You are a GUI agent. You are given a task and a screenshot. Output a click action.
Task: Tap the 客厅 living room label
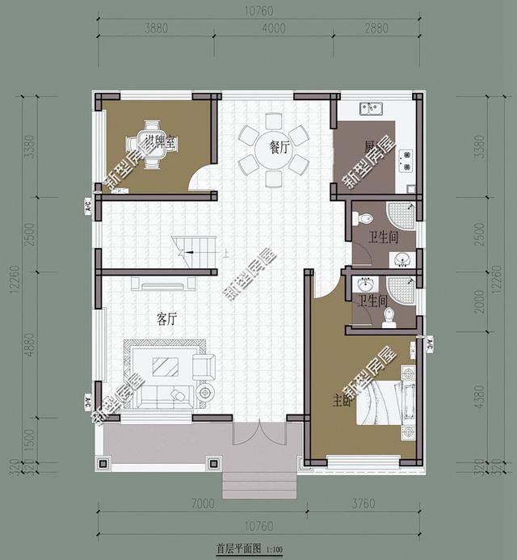click(167, 319)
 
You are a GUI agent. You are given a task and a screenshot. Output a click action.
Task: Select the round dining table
click(272, 152)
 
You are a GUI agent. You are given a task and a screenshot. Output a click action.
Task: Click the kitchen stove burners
click(406, 160)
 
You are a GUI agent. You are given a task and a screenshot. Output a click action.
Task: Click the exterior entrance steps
click(260, 485)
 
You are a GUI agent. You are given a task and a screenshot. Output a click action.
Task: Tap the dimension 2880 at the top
click(377, 27)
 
